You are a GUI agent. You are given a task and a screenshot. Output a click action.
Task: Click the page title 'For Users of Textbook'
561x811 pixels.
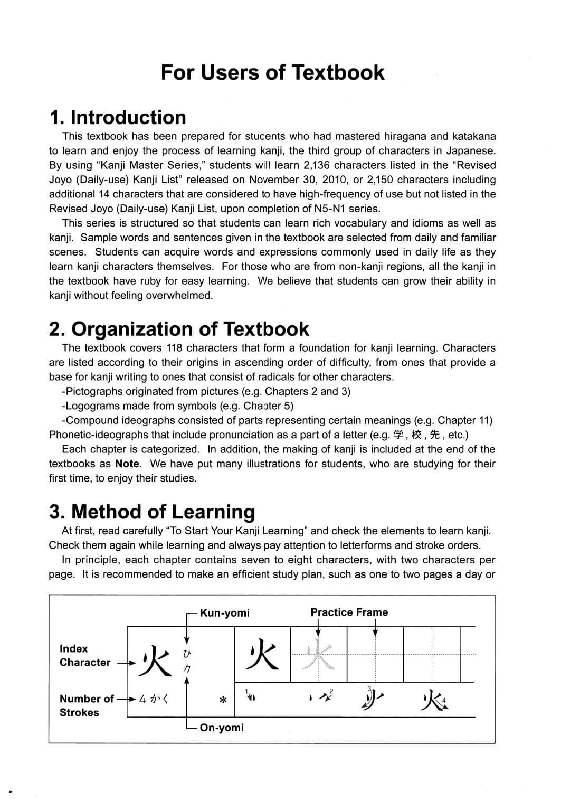[272, 72]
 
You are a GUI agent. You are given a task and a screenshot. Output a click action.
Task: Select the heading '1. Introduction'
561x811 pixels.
[117, 117]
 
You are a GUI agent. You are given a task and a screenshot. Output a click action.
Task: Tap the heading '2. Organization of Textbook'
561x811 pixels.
[178, 329]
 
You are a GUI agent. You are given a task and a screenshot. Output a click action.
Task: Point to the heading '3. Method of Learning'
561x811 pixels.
[151, 512]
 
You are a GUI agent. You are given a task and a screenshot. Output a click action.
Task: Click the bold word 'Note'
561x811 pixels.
[127, 464]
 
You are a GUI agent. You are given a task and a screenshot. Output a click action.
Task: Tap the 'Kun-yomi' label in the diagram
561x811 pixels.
[224, 613]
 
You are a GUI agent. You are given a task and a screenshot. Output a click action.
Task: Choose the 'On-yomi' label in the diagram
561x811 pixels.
[222, 728]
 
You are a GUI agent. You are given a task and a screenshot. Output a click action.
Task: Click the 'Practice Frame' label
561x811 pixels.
[349, 612]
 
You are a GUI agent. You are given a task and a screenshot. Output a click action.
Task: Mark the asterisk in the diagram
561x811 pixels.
[223, 700]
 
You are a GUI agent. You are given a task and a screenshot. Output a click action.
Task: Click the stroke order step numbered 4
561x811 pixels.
[434, 701]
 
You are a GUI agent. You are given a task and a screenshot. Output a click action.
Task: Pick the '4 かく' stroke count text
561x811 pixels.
[154, 699]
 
